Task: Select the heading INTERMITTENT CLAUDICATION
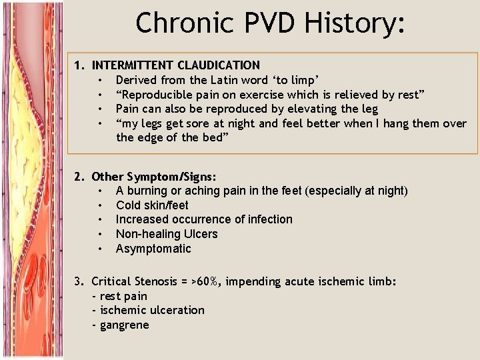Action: pyautogui.click(x=176, y=65)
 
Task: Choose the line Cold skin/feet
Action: pyautogui.click(x=152, y=205)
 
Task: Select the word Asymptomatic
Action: pyautogui.click(x=153, y=249)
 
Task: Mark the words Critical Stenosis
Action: pyautogui.click(x=135, y=281)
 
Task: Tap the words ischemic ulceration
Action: pyautogui.click(x=151, y=310)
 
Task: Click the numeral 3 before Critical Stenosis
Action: pyautogui.click(x=79, y=281)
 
